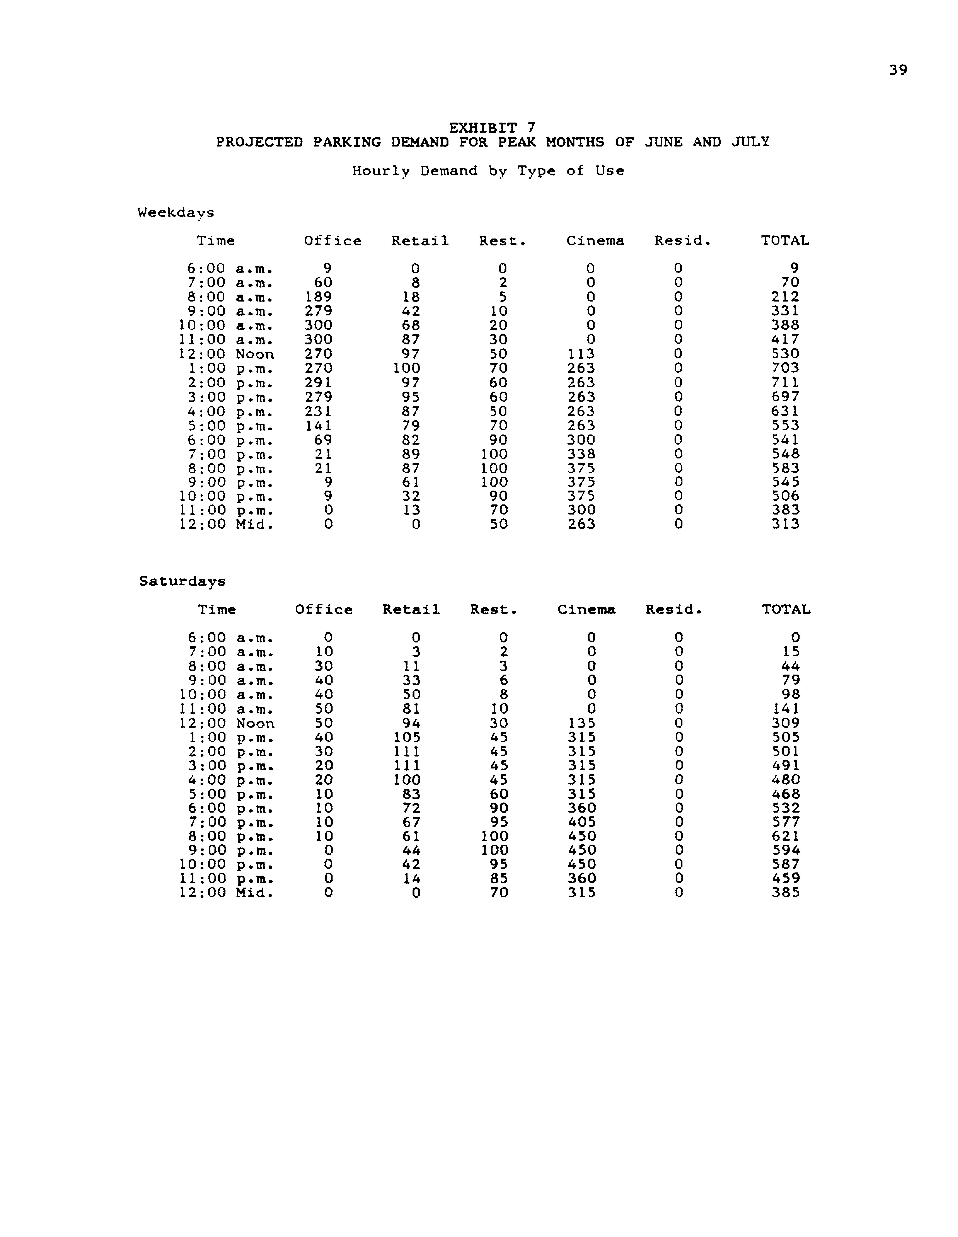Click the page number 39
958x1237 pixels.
pyautogui.click(x=898, y=70)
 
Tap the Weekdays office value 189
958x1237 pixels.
pyautogui.click(x=318, y=297)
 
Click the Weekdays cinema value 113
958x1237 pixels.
pyautogui.click(x=581, y=354)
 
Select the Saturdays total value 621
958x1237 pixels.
pyautogui.click(x=786, y=836)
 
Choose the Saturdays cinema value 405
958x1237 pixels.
pyautogui.click(x=581, y=822)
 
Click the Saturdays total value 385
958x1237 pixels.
pyautogui.click(x=786, y=893)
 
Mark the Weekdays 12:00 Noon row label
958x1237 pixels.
pyautogui.click(x=226, y=354)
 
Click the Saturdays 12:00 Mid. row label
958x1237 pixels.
pyautogui.click(x=226, y=893)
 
